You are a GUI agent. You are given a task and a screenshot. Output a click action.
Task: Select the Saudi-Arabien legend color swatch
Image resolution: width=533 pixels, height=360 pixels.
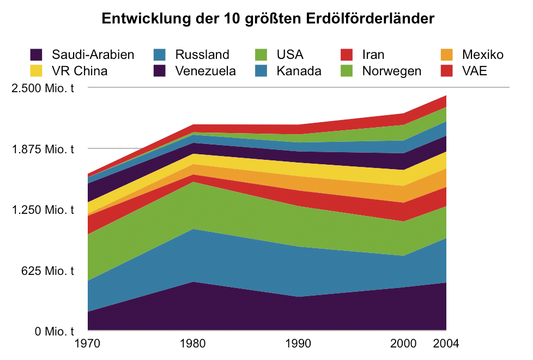37,55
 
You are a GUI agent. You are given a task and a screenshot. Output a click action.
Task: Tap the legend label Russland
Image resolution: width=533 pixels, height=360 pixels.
202,55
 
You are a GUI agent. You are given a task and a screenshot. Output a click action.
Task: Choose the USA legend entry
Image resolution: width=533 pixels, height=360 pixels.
290,55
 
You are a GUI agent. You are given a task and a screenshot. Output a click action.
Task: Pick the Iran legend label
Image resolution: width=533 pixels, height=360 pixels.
373,55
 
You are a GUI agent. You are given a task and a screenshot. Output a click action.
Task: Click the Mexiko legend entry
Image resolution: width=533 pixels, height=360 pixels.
482,55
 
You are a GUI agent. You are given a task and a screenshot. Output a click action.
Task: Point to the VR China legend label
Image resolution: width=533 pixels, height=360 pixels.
80,71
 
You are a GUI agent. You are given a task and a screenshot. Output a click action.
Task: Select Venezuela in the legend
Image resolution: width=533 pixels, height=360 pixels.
205,71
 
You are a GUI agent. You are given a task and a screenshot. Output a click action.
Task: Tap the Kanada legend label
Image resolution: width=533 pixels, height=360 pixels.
299,71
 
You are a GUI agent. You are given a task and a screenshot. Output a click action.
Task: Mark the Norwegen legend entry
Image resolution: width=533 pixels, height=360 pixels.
391,71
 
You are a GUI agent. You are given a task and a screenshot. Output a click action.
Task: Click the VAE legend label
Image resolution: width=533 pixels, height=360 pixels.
474,71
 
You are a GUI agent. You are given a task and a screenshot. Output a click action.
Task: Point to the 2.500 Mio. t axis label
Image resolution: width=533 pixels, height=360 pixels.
43,88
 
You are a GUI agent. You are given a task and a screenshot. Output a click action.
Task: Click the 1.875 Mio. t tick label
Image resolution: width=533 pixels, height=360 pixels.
43,149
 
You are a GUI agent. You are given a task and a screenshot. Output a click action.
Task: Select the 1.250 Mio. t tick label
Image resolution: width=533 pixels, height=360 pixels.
43,210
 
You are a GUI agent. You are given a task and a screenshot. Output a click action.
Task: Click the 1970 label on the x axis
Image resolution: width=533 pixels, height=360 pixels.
87,344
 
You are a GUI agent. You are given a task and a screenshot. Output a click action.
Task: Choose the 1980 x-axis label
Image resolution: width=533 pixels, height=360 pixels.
193,344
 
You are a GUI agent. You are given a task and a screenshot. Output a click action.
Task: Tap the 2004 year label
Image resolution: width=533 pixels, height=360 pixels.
446,344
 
